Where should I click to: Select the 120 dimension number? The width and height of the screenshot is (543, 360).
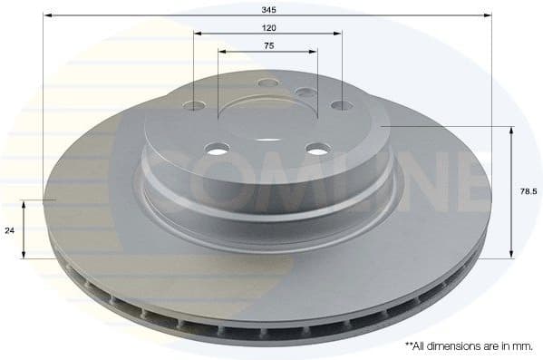(268, 28)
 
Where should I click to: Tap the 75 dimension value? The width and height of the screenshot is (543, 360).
(268, 46)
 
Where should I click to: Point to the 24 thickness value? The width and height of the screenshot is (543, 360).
(10, 230)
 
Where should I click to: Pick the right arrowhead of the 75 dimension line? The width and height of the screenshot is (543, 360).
(317, 53)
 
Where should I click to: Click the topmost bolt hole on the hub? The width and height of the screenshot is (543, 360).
(268, 83)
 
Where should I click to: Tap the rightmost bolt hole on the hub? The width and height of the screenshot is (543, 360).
(341, 106)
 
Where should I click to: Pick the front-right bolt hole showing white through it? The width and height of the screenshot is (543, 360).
(316, 148)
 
